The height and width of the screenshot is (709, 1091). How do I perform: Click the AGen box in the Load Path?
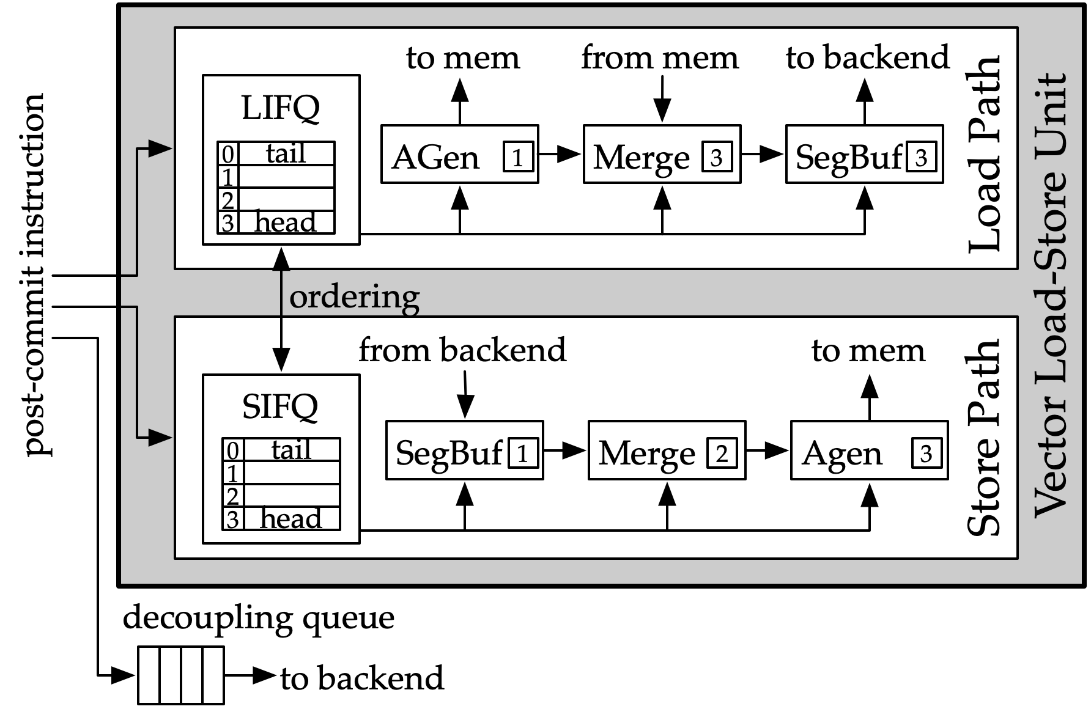coord(459,154)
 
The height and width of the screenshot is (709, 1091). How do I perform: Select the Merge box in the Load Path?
coord(662,154)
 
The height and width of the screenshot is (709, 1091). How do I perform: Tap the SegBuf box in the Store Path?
coord(464,450)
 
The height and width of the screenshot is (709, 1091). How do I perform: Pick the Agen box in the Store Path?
coord(868,450)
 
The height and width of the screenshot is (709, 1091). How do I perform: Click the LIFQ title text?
coord(280,108)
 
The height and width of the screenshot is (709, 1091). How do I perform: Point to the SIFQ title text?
coord(280,406)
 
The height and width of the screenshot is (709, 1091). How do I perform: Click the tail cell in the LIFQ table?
coord(286,153)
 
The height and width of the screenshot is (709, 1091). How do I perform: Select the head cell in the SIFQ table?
coord(290,519)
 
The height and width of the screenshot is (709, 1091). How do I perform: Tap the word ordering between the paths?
coord(354,297)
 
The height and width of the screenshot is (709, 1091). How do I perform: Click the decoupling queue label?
coord(258,617)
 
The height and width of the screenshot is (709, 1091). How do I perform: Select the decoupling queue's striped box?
coord(180,675)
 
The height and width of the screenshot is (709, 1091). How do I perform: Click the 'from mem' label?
coord(660,57)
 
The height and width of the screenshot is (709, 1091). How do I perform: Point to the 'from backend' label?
coord(462,350)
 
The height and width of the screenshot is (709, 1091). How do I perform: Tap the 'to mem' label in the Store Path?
coord(868,351)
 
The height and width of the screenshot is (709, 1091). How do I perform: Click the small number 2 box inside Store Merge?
coord(722,454)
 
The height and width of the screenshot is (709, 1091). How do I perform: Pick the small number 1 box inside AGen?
coord(517,157)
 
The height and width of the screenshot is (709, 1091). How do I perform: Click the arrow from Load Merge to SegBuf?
coord(762,154)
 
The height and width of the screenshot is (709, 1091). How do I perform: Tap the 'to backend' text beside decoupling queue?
coord(362,678)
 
